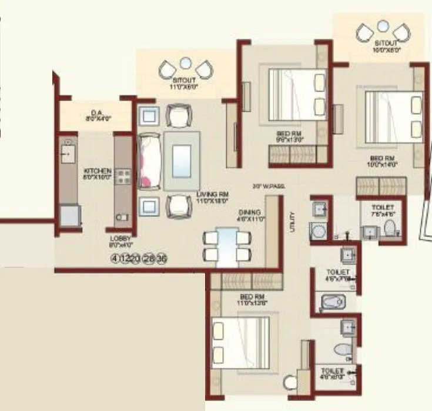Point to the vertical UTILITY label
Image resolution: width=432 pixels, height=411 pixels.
pos(292,222)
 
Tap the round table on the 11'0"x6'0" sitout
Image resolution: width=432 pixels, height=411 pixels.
pos(185,61)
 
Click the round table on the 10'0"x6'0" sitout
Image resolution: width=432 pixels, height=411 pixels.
pos(383,26)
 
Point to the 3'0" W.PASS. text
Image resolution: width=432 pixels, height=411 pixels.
pos(270,186)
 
